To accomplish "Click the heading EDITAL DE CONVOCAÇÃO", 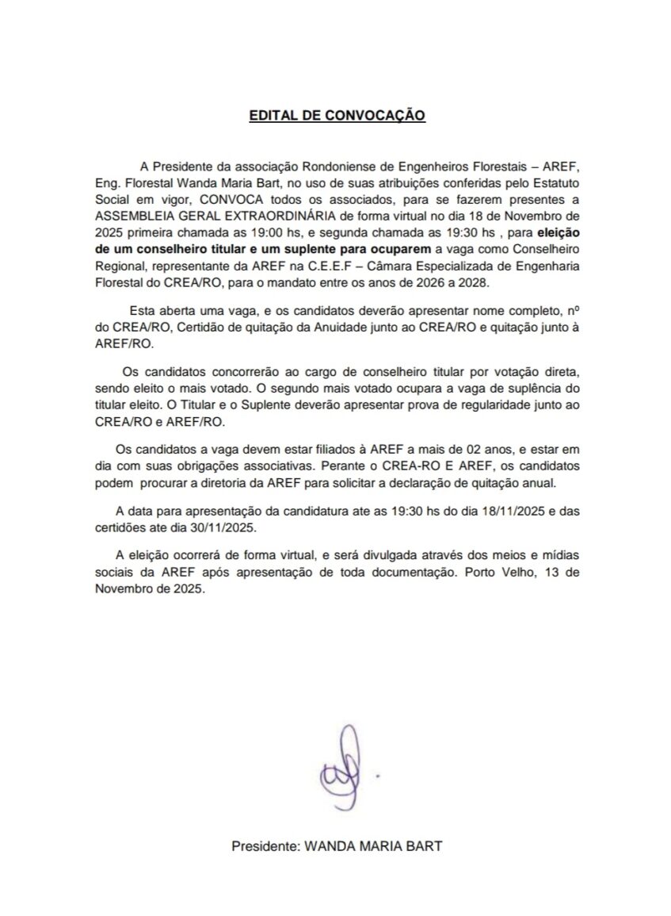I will pos(337,116).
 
